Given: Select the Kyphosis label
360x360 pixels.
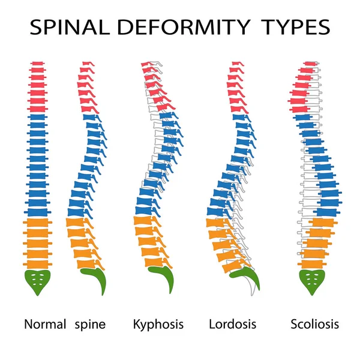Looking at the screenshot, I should coord(158,325).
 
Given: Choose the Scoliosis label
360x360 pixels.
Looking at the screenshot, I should coord(314,325).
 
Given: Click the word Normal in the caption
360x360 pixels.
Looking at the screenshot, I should coord(45,325).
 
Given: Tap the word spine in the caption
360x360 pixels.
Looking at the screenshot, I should coord(91,325).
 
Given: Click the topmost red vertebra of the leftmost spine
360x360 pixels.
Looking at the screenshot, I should coord(38,64).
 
